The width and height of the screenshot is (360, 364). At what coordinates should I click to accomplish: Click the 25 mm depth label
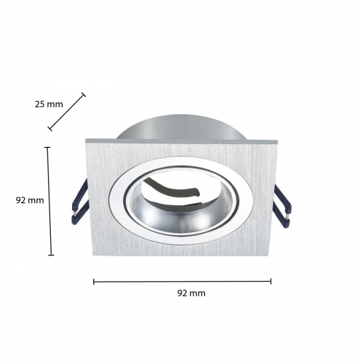coord(49,104)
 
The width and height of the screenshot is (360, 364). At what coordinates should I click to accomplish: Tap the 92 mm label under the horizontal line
coord(191,293)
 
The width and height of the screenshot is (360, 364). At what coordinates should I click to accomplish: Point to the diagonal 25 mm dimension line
coord(68,111)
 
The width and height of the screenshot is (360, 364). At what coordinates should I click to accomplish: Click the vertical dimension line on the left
coord(49,201)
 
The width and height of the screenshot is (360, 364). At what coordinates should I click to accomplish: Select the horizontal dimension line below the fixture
coord(183,281)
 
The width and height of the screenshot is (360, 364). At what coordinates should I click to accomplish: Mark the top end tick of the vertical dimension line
coord(48,147)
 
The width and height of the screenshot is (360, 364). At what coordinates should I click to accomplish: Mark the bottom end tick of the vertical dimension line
coord(51,255)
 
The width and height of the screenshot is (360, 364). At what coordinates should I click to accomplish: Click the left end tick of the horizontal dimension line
coord(94,280)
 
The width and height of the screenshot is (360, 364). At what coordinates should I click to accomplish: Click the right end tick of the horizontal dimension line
coord(271,281)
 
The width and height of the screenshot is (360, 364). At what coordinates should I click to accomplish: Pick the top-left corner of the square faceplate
coord(86,139)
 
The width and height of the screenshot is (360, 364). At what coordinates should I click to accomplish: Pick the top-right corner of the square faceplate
coord(279,138)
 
